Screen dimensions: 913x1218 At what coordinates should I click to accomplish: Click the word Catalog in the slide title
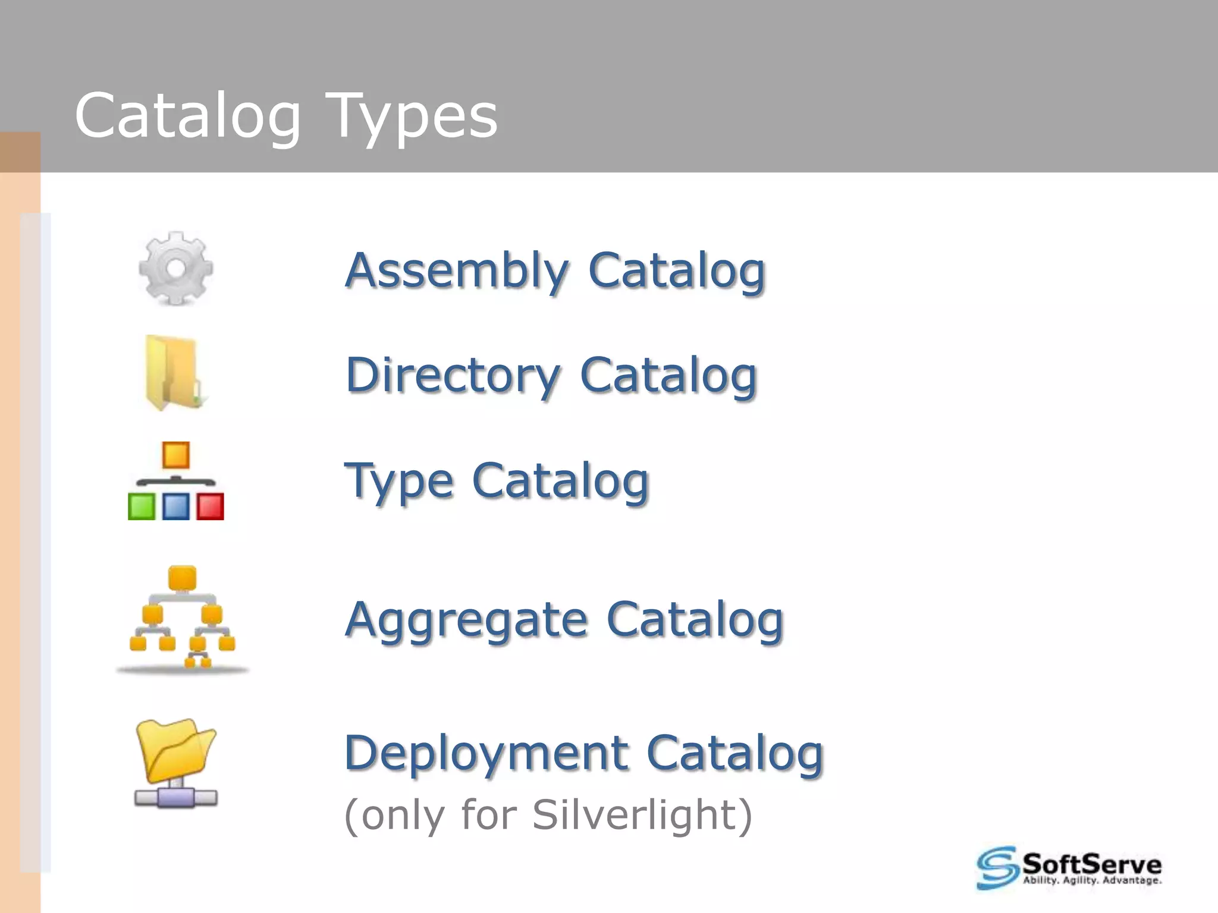click(188, 117)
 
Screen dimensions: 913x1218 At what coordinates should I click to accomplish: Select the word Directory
click(453, 376)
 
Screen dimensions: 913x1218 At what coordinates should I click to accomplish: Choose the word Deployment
click(486, 753)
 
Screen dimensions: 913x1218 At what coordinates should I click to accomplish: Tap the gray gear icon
click(175, 269)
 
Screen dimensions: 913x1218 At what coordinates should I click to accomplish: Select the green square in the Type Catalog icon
click(142, 507)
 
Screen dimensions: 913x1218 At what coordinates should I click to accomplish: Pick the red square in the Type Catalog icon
click(210, 507)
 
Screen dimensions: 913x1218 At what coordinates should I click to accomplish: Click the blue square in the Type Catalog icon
click(176, 507)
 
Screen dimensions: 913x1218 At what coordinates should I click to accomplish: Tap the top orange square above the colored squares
click(176, 455)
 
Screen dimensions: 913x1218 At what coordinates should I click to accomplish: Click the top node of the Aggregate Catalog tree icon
click(183, 578)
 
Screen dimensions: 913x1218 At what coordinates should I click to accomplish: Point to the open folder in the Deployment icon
click(175, 750)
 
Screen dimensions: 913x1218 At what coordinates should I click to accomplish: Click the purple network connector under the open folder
click(175, 797)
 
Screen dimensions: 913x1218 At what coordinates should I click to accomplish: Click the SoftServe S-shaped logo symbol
click(997, 868)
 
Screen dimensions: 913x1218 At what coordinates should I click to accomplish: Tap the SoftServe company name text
click(1091, 863)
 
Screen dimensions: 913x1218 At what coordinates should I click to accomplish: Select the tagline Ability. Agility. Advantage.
click(1091, 881)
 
